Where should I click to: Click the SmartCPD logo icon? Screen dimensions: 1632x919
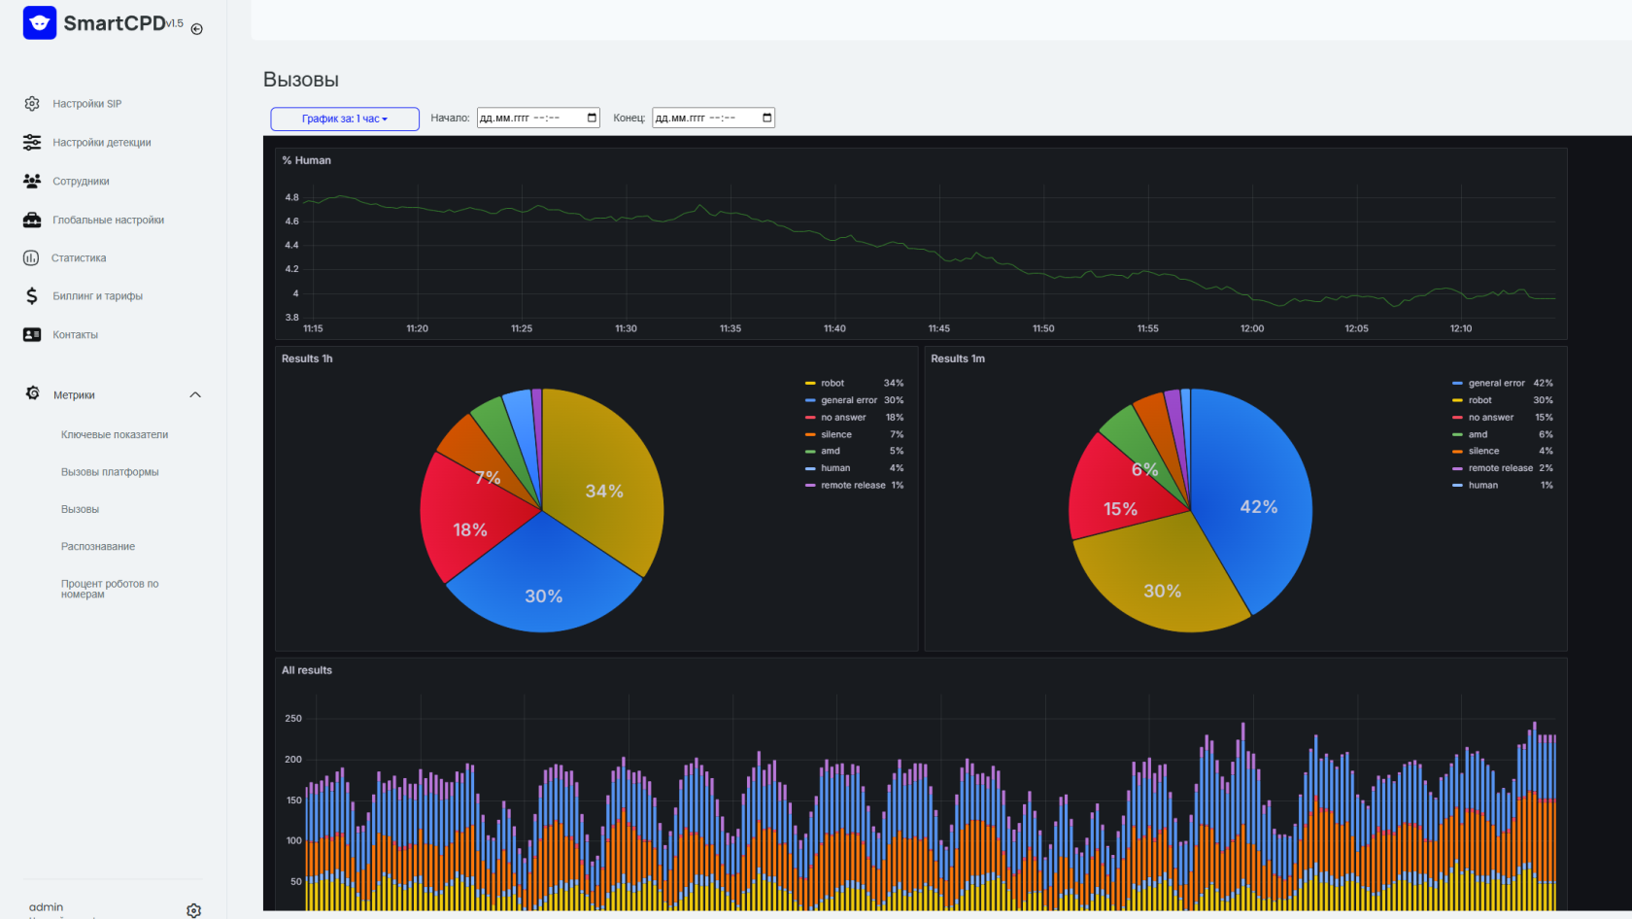[39, 22]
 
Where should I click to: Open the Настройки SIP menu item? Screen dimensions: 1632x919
[86, 104]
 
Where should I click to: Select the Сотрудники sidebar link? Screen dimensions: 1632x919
[81, 181]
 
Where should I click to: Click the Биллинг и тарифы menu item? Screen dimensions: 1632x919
[97, 296]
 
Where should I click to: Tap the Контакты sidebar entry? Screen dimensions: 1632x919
[75, 334]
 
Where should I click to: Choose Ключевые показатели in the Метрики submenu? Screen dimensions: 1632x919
[115, 434]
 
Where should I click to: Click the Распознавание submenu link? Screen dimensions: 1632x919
[97, 546]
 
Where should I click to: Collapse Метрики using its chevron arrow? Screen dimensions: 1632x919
[195, 395]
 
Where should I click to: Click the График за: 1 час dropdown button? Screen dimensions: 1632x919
[345, 119]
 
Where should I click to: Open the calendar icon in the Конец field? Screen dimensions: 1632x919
[766, 118]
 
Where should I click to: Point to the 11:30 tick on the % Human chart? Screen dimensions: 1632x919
[626, 328]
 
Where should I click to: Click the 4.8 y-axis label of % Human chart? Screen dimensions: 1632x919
[292, 197]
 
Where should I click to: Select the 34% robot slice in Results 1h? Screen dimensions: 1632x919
[604, 492]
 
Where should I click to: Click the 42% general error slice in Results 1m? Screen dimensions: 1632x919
[1258, 506]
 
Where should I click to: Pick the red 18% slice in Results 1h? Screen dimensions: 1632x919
[470, 529]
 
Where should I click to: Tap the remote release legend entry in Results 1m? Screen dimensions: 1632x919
[1502, 468]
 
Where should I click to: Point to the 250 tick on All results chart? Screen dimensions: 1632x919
[293, 719]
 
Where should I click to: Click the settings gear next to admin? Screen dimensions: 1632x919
[194, 910]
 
